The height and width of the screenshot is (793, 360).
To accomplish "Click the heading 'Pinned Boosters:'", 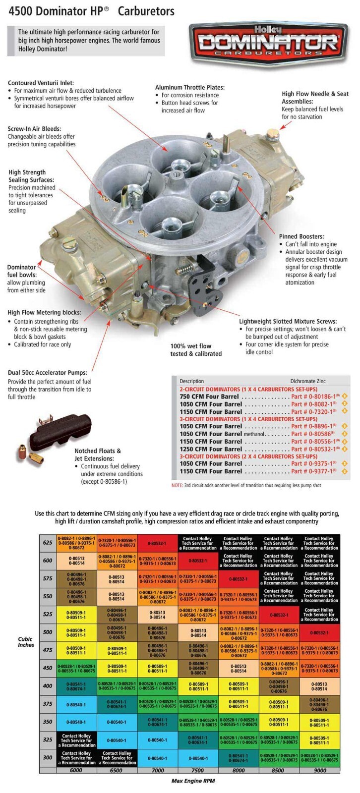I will coord(301,236).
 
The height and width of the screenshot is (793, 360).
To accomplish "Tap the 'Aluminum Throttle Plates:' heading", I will coord(189,87).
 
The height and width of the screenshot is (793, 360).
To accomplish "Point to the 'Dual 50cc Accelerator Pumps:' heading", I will coord(47,372).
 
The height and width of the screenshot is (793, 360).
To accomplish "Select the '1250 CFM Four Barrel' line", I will coord(211,449).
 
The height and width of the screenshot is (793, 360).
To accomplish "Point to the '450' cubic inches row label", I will coord(48,668).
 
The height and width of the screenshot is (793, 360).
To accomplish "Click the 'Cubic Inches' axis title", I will coord(26,642).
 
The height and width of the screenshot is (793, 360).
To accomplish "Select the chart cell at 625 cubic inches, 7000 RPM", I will coord(157,543).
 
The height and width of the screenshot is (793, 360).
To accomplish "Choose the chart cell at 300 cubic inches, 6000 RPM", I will coord(76,758).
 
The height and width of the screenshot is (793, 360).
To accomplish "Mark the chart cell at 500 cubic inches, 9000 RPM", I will coord(319,633).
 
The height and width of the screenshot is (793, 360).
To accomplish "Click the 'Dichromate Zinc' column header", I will coord(308,381).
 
